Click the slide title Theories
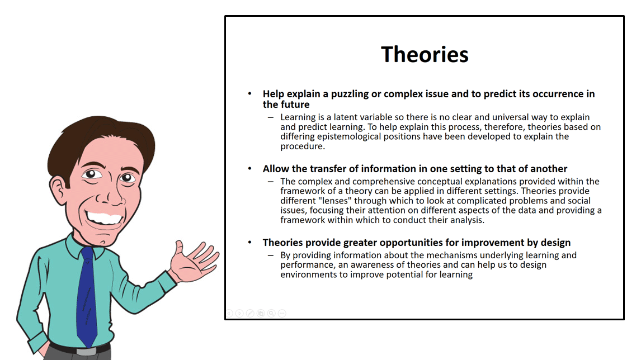[x=425, y=54]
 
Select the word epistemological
[x=348, y=137]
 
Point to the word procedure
[x=302, y=146]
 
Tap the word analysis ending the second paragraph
[x=467, y=220]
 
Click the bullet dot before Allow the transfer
[x=250, y=169]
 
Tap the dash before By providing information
[x=271, y=255]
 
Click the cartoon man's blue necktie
[x=87, y=296]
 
